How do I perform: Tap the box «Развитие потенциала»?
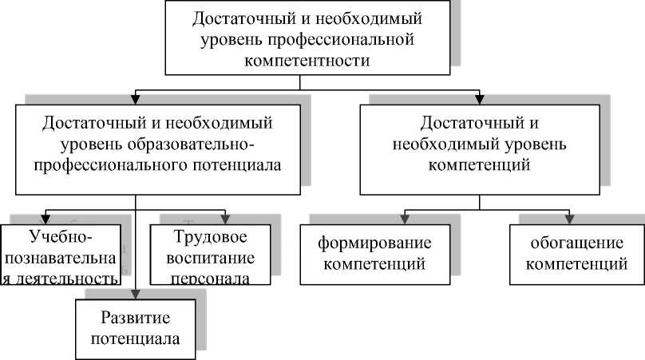136,326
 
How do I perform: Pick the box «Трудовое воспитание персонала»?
213,256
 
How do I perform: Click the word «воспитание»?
213,258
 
